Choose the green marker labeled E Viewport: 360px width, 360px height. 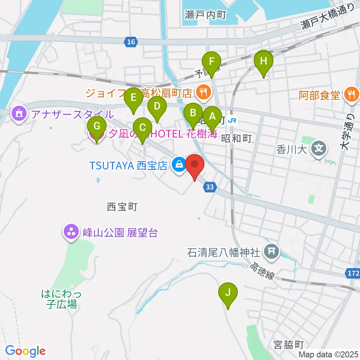tap(133, 98)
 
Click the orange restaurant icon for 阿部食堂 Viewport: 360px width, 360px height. tap(351, 94)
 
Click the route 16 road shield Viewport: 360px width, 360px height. tap(130, 42)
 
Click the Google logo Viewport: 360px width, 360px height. tap(25, 351)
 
